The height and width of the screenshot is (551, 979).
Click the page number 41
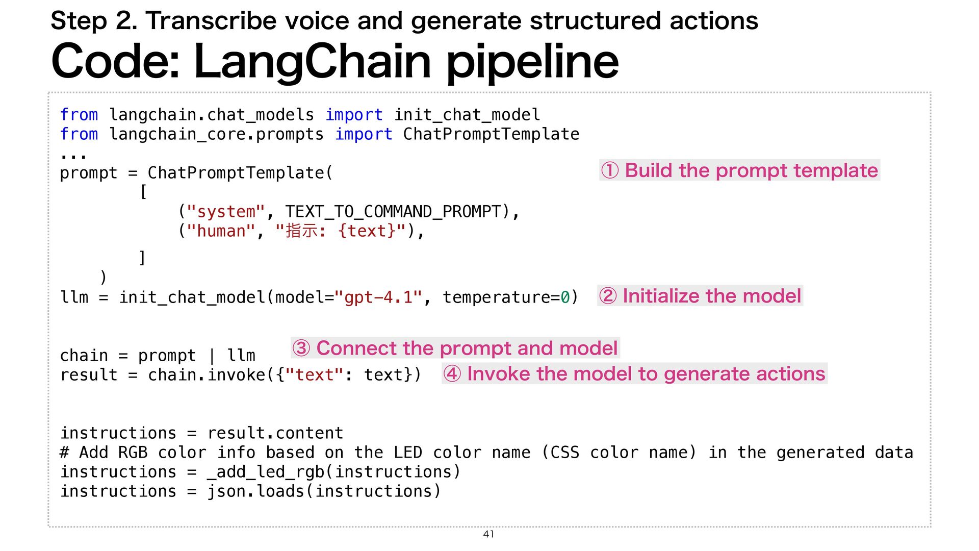click(x=488, y=534)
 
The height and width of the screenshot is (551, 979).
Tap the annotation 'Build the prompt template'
click(x=740, y=170)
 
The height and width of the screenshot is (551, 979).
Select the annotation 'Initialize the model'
click(x=700, y=296)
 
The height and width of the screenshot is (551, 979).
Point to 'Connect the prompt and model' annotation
click(x=455, y=348)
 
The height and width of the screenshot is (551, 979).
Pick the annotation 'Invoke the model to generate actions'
click(x=634, y=374)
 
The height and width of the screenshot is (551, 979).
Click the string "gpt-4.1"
click(x=378, y=297)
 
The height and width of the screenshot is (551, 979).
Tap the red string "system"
click(x=226, y=212)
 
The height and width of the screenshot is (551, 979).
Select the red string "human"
click(x=221, y=231)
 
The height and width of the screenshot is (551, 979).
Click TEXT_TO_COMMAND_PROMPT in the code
click(x=393, y=212)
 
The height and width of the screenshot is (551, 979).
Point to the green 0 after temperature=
click(x=565, y=297)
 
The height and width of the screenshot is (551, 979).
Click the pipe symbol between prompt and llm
click(x=212, y=356)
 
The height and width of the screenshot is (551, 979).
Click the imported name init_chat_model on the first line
click(x=467, y=115)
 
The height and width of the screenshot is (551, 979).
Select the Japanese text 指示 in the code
click(x=301, y=231)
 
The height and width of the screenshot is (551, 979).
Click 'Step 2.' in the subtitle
click(x=94, y=21)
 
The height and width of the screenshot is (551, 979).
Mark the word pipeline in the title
click(x=532, y=61)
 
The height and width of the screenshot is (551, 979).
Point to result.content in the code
click(x=275, y=433)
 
